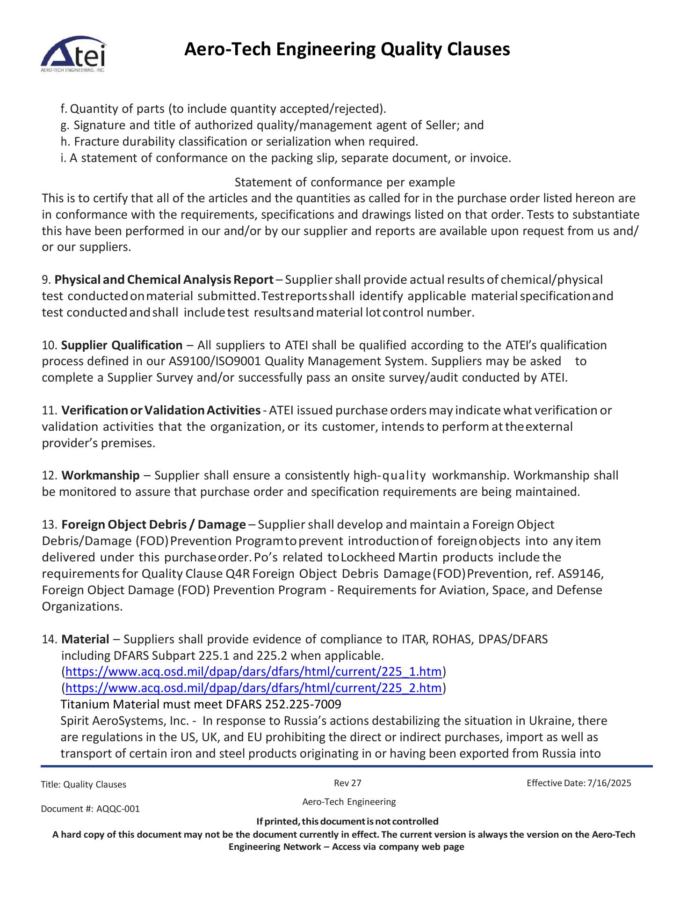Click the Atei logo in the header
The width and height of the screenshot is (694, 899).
[73, 55]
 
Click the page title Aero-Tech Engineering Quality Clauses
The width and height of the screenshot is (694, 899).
[347, 49]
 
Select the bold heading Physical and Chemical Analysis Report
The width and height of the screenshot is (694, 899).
[164, 280]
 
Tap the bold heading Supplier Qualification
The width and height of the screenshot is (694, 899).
[122, 346]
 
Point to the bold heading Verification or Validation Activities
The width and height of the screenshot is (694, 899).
[161, 411]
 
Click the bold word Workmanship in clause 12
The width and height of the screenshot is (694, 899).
[101, 476]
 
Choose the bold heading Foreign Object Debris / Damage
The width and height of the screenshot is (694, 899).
[153, 525]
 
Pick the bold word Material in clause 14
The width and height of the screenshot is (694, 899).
[85, 639]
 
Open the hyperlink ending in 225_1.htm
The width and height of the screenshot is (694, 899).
[253, 672]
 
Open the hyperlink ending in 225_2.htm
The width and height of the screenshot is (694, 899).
[253, 688]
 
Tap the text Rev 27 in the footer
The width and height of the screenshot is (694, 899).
[347, 783]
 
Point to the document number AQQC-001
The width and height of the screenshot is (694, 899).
[118, 809]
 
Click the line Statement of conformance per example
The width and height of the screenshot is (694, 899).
[344, 182]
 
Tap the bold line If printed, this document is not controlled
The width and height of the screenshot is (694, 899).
[347, 821]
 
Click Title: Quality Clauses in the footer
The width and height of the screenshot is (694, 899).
[84, 785]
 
